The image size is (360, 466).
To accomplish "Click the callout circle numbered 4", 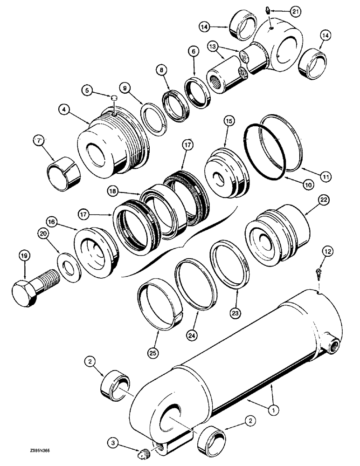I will pyautogui.click(x=65, y=110).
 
